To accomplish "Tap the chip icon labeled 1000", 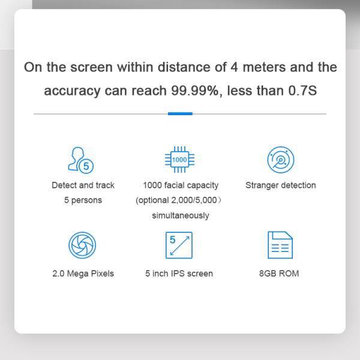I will [x=179, y=160].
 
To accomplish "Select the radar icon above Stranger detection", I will [x=280, y=159].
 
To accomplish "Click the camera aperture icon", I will [x=83, y=245].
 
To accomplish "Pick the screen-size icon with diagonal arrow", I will [x=179, y=245].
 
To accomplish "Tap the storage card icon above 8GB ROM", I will [x=279, y=245].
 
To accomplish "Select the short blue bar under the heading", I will [x=180, y=113].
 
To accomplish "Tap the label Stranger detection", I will [x=280, y=185].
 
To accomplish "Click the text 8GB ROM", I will [x=279, y=274].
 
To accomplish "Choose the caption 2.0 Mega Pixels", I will [x=83, y=274].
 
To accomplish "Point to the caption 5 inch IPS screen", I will [x=179, y=274].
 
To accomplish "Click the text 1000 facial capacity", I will [x=181, y=185].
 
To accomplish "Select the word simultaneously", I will [x=181, y=215].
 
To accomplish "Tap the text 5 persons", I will [x=83, y=200].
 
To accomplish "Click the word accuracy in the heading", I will [x=71, y=91].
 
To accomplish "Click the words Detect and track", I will [x=83, y=185].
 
